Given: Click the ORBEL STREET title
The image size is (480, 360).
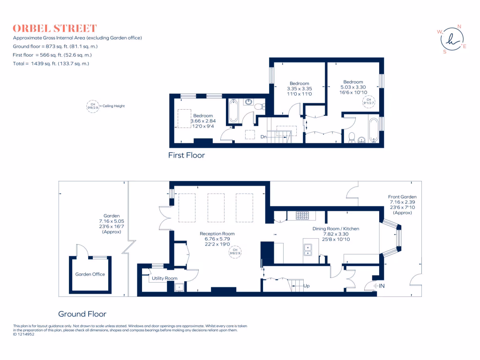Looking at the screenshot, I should [54, 28].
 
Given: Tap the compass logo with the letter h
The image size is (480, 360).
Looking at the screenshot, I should [451, 39].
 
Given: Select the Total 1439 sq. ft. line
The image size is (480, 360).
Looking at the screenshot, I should [51, 63].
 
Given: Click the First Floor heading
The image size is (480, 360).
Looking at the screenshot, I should [187, 155].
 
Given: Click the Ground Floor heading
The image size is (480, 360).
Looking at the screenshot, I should [82, 314].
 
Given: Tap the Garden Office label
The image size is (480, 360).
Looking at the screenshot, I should [90, 274].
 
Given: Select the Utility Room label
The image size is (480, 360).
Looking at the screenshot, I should [165, 278].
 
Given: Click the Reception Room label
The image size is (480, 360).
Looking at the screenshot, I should [217, 233].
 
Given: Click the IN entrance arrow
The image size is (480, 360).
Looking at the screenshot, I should [378, 285].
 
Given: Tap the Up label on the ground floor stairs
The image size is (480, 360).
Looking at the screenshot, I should [307, 285].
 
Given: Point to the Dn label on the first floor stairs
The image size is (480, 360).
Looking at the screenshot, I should [264, 137].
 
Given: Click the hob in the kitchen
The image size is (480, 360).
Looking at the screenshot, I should [302, 216].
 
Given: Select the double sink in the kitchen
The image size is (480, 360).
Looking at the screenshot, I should [308, 250].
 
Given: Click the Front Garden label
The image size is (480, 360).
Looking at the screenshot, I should [402, 197].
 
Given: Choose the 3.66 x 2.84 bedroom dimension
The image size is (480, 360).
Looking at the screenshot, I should [202, 121].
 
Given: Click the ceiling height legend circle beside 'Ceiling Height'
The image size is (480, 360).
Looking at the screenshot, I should [90, 106].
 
